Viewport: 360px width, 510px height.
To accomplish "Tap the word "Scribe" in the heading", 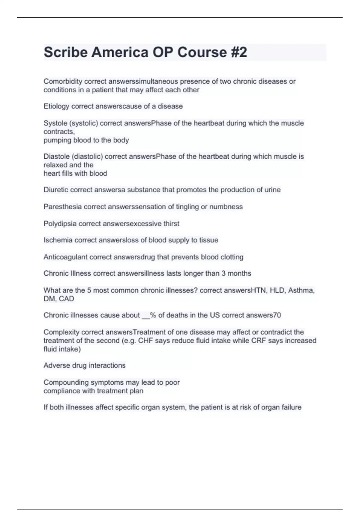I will (65, 52).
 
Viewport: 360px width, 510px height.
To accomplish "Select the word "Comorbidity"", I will (63, 81).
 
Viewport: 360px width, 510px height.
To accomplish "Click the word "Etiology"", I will (56, 106).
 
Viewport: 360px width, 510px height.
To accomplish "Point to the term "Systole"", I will (55, 123).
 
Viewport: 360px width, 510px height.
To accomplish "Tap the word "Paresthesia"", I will (62, 207).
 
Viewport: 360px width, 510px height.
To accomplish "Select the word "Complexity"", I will (61, 332).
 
